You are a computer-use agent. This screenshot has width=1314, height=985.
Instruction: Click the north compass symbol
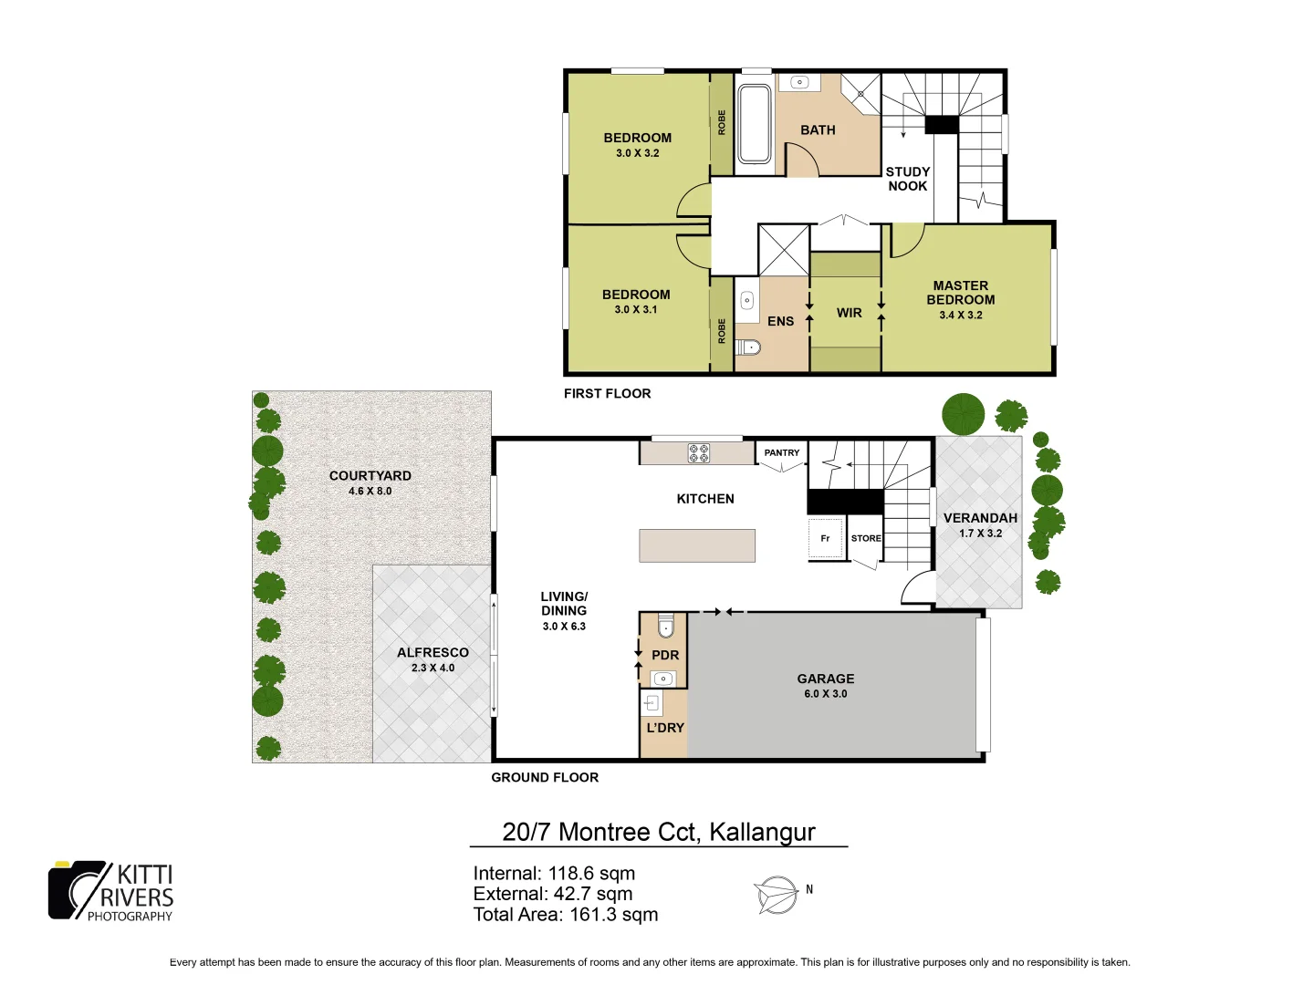(777, 894)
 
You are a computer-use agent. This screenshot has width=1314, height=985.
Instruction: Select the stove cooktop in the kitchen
(699, 452)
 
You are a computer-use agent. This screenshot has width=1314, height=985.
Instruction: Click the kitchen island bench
(697, 545)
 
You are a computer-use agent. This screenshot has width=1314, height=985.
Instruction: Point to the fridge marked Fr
(825, 538)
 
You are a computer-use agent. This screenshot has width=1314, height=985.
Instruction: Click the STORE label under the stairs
(866, 538)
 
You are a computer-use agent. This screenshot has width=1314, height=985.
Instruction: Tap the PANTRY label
(782, 452)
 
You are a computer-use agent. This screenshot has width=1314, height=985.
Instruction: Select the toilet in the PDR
(666, 627)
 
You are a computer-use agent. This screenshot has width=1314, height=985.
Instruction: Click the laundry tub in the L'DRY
(652, 702)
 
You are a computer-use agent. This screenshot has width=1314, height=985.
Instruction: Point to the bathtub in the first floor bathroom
(755, 124)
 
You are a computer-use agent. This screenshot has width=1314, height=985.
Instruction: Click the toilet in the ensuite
(747, 347)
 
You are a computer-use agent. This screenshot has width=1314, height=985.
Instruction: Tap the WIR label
(849, 313)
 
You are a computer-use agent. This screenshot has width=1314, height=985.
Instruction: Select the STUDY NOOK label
(908, 179)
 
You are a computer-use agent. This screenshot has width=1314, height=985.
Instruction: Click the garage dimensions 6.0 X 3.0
(825, 694)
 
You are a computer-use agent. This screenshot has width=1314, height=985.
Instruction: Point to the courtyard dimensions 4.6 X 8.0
(370, 491)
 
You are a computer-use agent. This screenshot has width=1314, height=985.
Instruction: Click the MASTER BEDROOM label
(961, 293)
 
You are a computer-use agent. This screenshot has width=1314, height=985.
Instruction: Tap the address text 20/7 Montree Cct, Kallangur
(658, 832)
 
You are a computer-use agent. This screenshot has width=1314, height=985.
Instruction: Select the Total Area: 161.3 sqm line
(565, 915)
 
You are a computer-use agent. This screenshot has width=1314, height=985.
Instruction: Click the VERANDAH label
(980, 518)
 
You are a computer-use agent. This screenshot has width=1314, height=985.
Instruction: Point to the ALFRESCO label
(433, 652)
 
